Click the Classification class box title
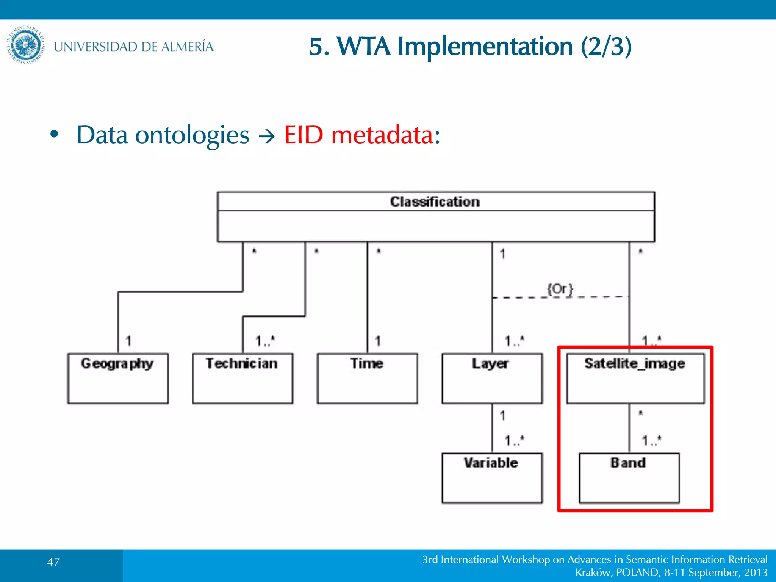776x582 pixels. (x=435, y=202)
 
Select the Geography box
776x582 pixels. (x=118, y=378)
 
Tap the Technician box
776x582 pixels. (x=242, y=378)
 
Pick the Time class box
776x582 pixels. (x=367, y=378)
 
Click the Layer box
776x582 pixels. (x=492, y=378)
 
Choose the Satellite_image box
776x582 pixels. (x=635, y=378)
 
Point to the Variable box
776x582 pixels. (x=492, y=477)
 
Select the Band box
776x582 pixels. (x=629, y=477)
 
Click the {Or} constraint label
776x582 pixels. (x=560, y=289)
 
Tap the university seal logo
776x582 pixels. (x=26, y=45)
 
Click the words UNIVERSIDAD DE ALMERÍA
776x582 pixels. (x=133, y=47)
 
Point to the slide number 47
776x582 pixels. (x=53, y=562)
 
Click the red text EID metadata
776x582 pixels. (x=362, y=135)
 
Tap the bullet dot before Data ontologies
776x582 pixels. (x=55, y=134)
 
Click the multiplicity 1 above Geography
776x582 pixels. (x=128, y=341)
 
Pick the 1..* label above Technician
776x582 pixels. (x=265, y=341)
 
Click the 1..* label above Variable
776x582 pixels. (x=514, y=440)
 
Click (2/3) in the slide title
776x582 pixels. (x=606, y=47)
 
